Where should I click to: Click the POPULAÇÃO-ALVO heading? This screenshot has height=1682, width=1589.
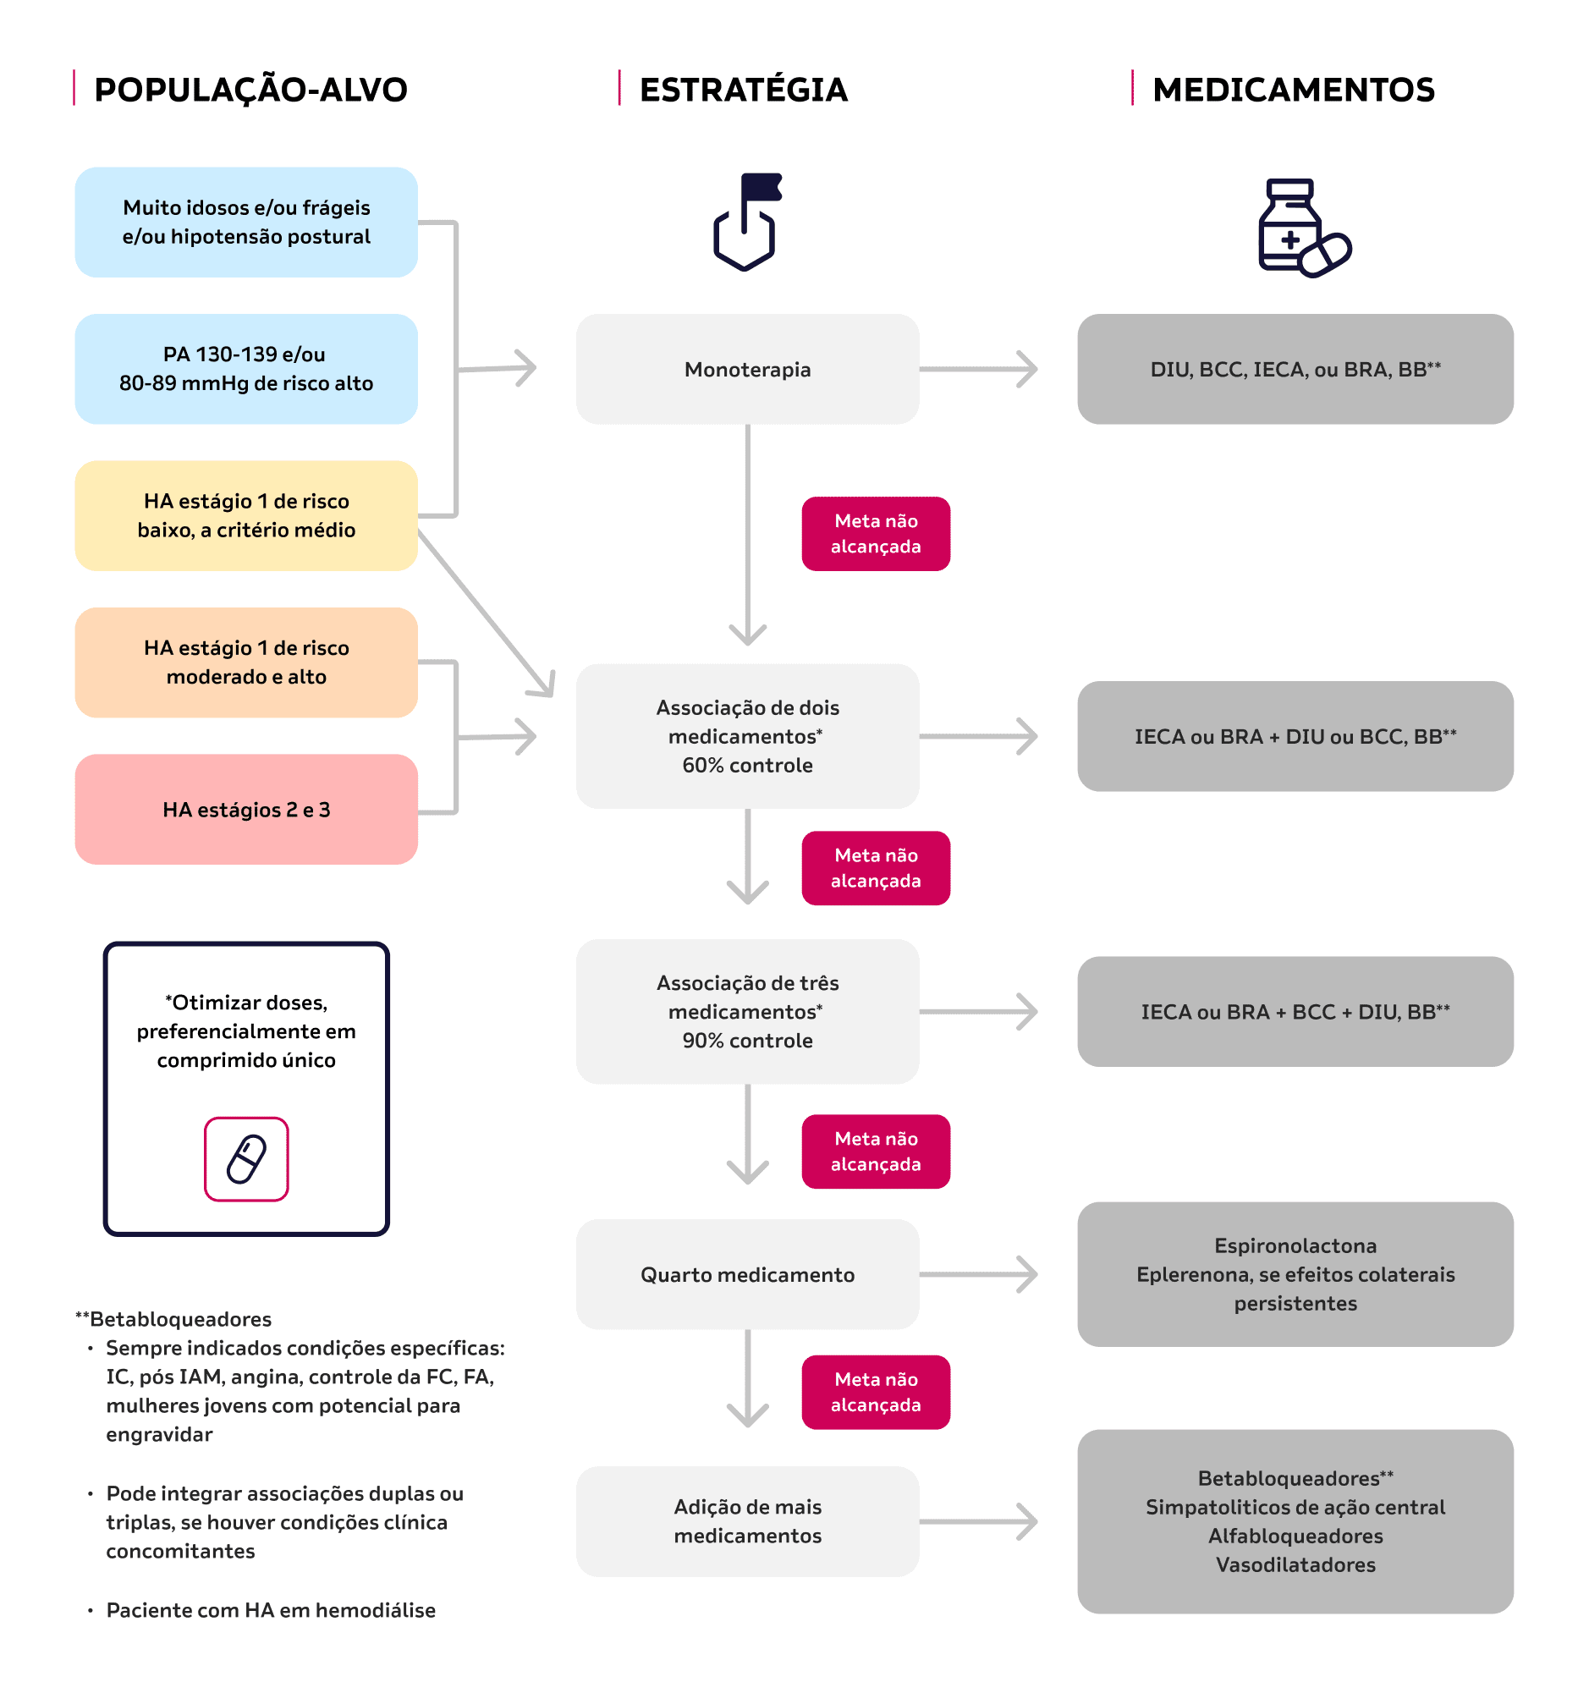[250, 90]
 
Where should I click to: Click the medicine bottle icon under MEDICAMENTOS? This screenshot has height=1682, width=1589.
[1304, 228]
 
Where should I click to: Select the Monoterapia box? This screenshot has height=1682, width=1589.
[747, 369]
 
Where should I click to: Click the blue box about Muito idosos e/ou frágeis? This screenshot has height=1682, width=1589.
[246, 222]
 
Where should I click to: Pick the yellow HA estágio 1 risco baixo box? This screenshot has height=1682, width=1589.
[246, 516]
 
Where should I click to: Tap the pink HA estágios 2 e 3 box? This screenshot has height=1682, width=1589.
[246, 810]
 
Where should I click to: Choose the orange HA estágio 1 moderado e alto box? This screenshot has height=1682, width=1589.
[246, 662]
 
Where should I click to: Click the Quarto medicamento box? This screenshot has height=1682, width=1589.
[747, 1275]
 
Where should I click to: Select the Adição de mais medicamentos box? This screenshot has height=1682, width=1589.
[747, 1521]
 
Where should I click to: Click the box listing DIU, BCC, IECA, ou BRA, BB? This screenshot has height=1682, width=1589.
[1295, 369]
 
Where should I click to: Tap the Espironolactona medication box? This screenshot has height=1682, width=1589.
[1295, 1275]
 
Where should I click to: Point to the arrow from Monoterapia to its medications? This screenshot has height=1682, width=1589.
[978, 369]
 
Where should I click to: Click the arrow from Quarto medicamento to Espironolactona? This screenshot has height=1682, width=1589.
[978, 1275]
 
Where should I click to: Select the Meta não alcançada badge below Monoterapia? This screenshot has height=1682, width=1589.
[876, 534]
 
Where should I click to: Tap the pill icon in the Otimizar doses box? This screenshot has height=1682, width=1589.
[246, 1159]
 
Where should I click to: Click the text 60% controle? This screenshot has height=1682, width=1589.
[747, 766]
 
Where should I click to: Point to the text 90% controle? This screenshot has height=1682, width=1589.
[747, 1041]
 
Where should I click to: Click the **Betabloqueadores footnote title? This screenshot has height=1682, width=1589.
[173, 1320]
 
